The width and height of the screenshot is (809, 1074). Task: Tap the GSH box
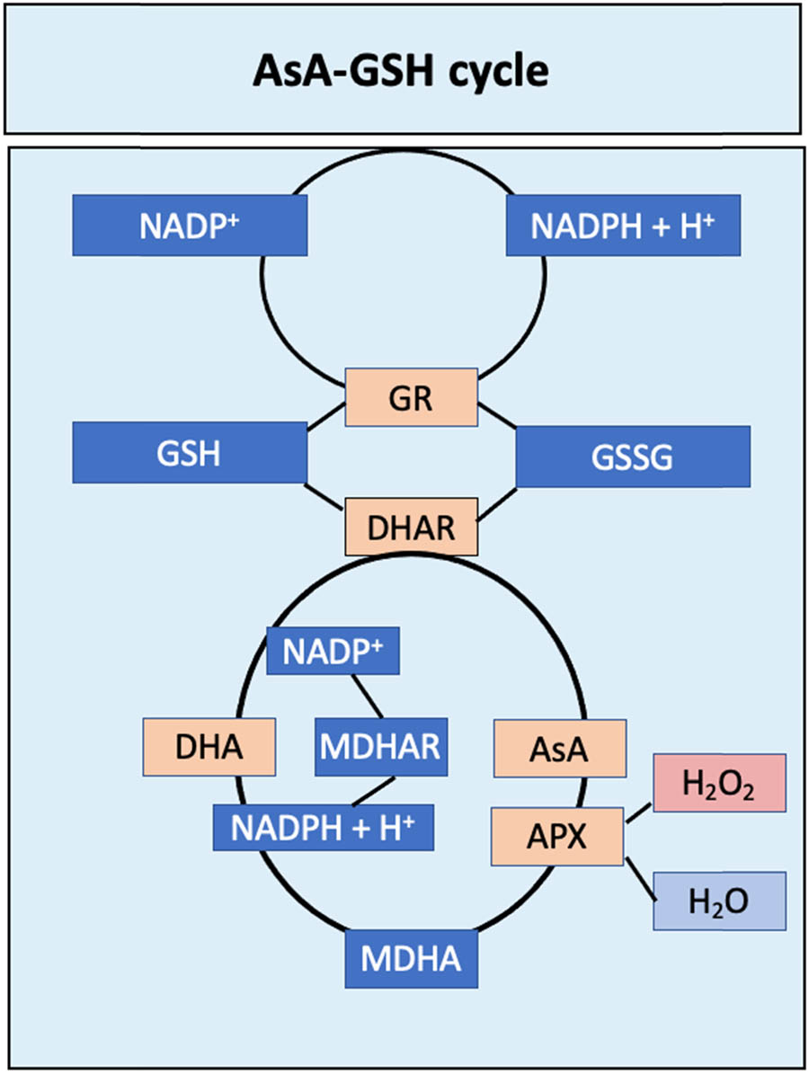(190, 454)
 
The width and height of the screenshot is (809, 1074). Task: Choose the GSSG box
(632, 457)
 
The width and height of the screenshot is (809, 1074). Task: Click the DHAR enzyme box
(412, 527)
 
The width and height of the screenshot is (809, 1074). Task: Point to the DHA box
(209, 747)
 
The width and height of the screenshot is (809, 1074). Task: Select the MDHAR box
(380, 746)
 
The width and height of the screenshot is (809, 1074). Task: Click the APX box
(556, 836)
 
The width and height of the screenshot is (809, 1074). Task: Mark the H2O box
(719, 901)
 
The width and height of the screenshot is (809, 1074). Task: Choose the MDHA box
(411, 960)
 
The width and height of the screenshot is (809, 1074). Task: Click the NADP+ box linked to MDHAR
(333, 651)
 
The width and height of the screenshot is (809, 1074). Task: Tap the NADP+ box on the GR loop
(190, 226)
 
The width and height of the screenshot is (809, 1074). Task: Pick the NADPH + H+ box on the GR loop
(623, 226)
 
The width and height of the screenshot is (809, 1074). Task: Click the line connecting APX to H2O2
(638, 812)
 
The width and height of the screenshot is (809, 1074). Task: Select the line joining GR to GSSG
(496, 414)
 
